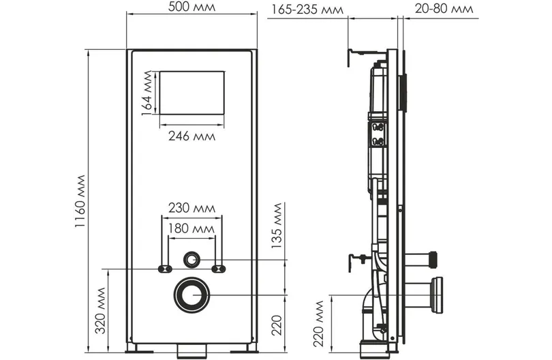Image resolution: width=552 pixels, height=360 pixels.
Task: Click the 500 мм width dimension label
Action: [x=191, y=7]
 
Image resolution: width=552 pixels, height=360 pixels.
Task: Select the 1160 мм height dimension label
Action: [x=80, y=201]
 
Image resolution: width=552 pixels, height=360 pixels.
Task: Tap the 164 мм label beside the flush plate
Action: [x=147, y=93]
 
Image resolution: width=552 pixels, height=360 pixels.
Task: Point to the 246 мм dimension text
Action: [x=191, y=136]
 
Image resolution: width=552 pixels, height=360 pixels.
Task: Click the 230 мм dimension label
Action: [x=191, y=208]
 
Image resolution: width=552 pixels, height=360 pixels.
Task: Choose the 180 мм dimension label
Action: [x=191, y=228]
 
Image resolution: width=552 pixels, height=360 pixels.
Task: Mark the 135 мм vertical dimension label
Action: [x=277, y=226]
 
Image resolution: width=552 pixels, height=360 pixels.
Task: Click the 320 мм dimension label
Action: [x=101, y=310]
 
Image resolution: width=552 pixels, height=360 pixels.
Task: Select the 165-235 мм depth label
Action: [x=307, y=10]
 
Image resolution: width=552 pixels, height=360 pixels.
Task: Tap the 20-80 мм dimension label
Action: [x=444, y=8]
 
